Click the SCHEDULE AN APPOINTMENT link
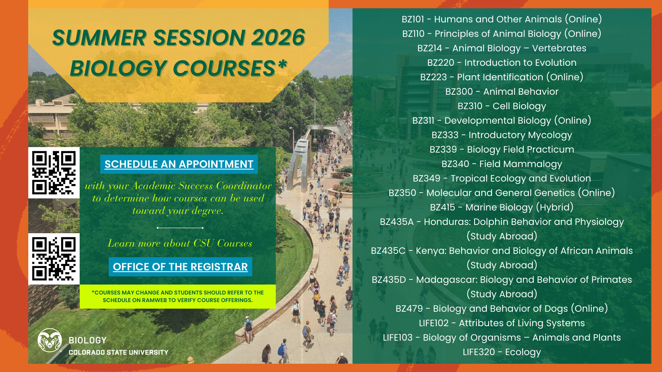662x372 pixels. pyautogui.click(x=179, y=164)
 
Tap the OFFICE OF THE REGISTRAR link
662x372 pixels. pyautogui.click(x=180, y=267)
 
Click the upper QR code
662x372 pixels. pyautogui.click(x=54, y=173)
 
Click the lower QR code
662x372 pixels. pyautogui.click(x=54, y=259)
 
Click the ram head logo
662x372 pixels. pyautogui.click(x=50, y=340)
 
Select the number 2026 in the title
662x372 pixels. pyautogui.click(x=278, y=38)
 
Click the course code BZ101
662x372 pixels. pyautogui.click(x=413, y=19)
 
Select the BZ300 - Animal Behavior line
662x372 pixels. pyautogui.click(x=502, y=92)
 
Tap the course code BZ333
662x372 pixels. pyautogui.click(x=445, y=135)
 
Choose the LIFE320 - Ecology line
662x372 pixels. pyautogui.click(x=502, y=352)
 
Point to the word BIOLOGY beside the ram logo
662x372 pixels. pyautogui.click(x=88, y=340)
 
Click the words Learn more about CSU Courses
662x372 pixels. pyautogui.click(x=180, y=244)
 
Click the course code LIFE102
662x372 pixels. pyautogui.click(x=433, y=323)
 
